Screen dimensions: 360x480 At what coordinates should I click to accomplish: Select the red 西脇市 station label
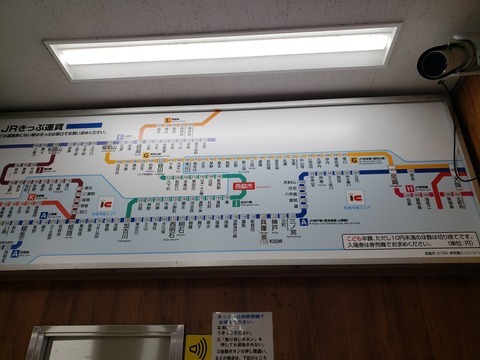tap(244, 186)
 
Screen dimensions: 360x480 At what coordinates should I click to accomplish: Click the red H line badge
tap(410, 187)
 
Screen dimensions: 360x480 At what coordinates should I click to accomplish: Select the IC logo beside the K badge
tap(107, 204)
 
